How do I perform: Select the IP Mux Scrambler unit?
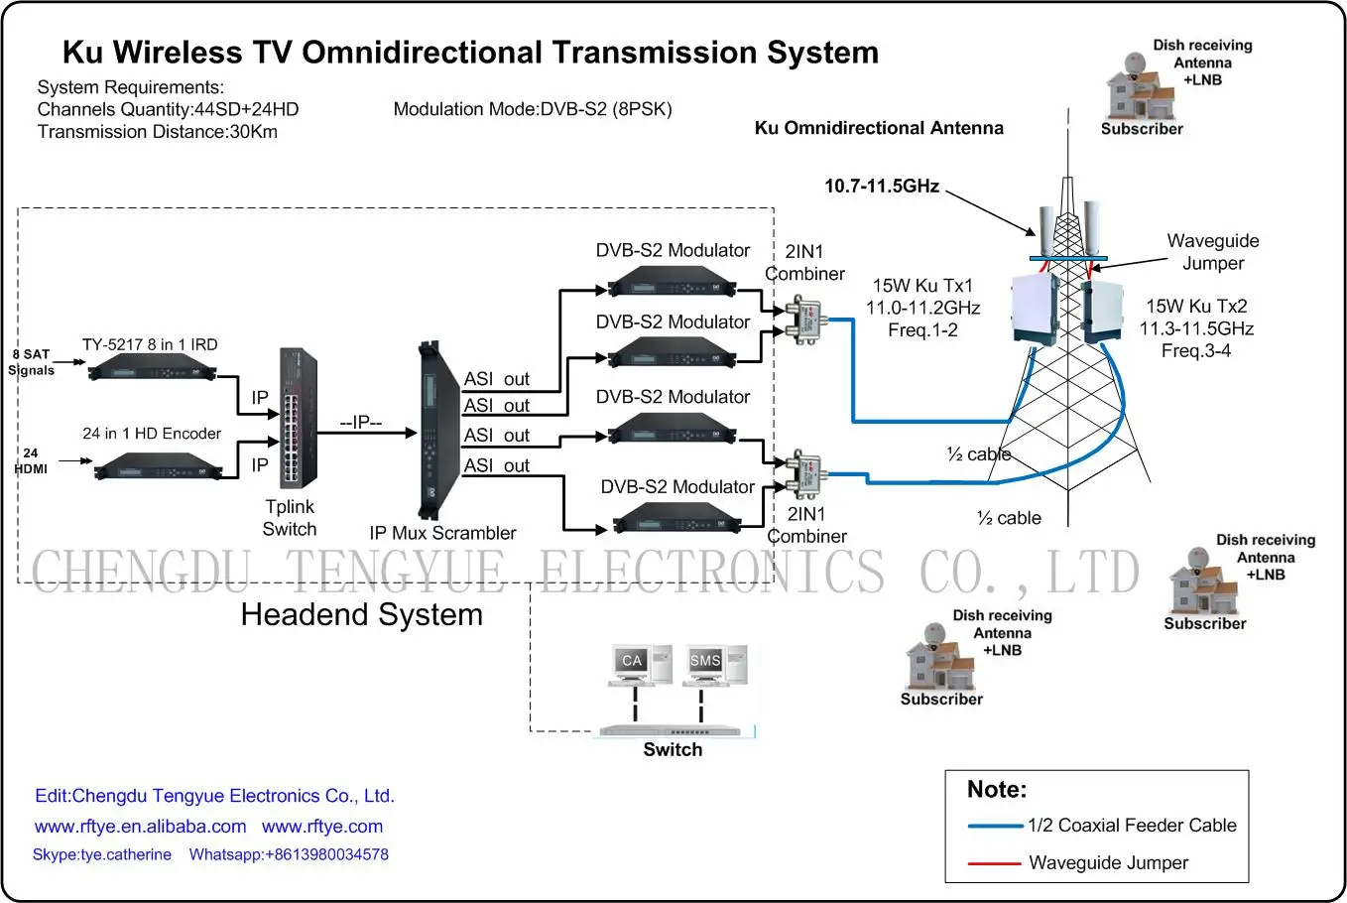[430, 431]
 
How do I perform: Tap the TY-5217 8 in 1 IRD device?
[152, 369]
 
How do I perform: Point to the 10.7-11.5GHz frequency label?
[881, 187]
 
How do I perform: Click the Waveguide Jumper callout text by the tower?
[1212, 252]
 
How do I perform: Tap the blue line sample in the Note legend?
[994, 826]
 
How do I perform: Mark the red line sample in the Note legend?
[994, 863]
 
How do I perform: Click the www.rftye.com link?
[322, 827]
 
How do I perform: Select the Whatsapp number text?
[289, 854]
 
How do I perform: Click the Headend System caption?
[361, 615]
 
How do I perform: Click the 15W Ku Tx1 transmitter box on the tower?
[1034, 310]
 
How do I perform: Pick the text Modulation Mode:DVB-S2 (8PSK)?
[533, 109]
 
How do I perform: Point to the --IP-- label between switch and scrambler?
[361, 423]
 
